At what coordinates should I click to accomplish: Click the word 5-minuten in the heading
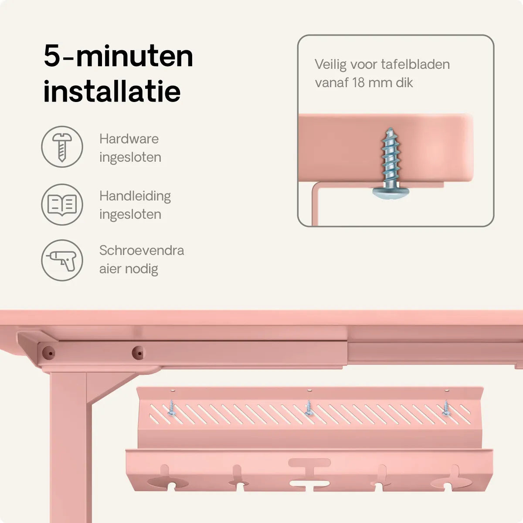click(119, 57)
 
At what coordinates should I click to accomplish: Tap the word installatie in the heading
click(112, 91)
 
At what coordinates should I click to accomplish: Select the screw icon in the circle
click(62, 147)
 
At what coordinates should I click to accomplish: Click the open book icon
click(62, 205)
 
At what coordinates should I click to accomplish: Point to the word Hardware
click(129, 139)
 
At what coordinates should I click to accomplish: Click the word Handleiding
click(135, 196)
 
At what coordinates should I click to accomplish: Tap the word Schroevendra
click(142, 250)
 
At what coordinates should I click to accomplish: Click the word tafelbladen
click(415, 65)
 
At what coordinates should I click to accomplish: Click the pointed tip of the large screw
click(390, 129)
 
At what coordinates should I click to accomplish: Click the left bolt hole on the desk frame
click(48, 353)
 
